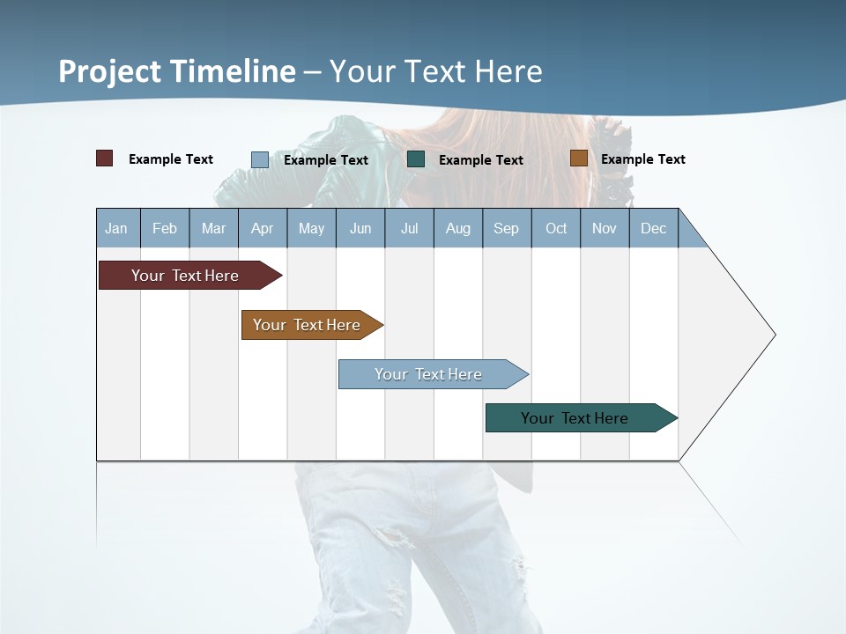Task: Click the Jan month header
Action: [x=116, y=228]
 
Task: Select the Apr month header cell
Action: [x=262, y=228]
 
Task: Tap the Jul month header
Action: [x=409, y=228]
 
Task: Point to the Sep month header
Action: [x=506, y=228]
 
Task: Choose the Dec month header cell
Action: [x=653, y=228]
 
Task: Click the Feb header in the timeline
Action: [x=165, y=228]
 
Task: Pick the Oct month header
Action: [x=556, y=228]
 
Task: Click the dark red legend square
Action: [x=104, y=158]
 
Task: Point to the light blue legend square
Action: [x=260, y=159]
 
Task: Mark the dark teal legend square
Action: [x=416, y=159]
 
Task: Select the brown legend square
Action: [x=578, y=158]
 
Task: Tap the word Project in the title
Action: [x=111, y=71]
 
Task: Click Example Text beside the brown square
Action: [x=642, y=159]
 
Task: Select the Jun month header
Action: [x=360, y=228]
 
